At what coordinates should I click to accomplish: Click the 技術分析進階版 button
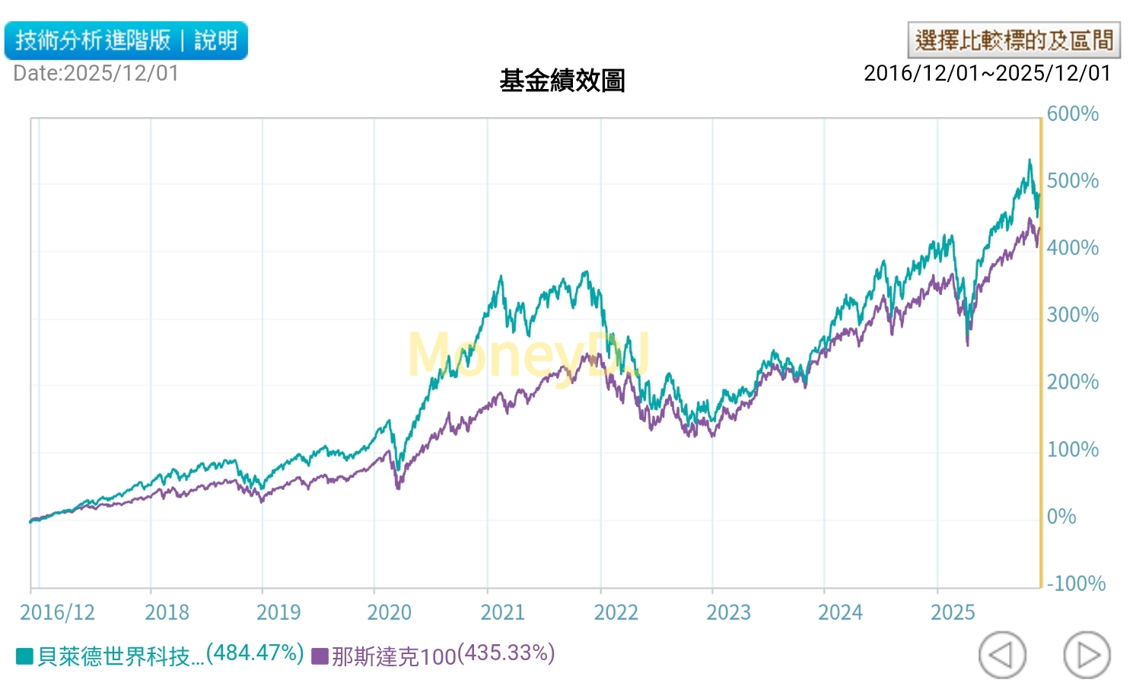[93, 40]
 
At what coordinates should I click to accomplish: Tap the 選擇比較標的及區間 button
[1013, 40]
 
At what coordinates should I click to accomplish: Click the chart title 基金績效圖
[562, 81]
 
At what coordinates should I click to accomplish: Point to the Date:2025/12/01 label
[96, 74]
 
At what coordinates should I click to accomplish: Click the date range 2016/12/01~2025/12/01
[987, 73]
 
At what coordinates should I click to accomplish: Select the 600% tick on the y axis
[1072, 114]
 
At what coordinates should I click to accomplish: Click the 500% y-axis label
[1072, 181]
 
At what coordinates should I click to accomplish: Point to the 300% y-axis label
[1072, 315]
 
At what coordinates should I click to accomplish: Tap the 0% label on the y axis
[1061, 516]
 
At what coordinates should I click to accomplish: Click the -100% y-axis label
[1076, 583]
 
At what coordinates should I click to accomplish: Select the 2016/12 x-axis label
[57, 612]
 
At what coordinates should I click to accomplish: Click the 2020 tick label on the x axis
[389, 612]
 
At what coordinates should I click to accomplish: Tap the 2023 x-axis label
[728, 612]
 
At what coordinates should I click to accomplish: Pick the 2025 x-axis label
[953, 612]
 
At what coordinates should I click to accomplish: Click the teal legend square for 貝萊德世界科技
[24, 656]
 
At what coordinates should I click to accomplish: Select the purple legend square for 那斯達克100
[320, 656]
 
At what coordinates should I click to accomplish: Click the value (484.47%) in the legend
[255, 653]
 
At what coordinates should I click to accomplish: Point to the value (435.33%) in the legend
[506, 653]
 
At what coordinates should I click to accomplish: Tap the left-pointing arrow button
[1002, 654]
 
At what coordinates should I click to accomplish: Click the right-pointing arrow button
[1087, 654]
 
